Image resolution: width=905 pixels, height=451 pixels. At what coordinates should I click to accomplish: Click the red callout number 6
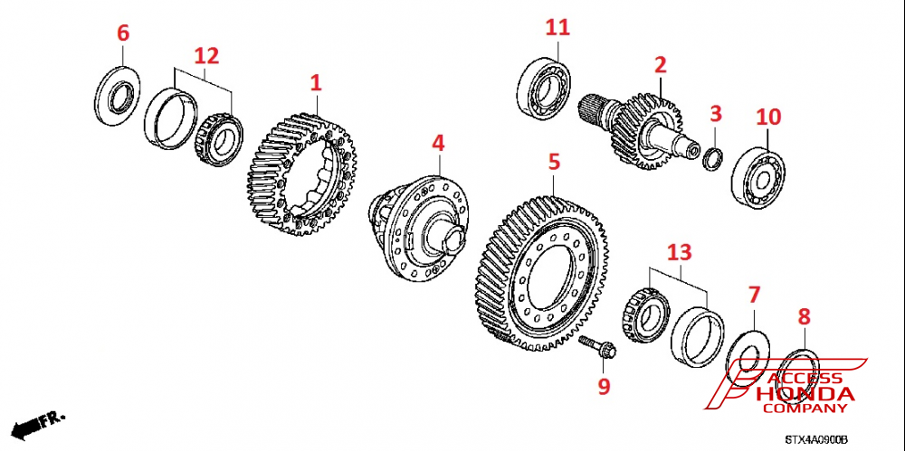(x=123, y=33)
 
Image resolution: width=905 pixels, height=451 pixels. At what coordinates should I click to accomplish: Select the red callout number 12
(x=207, y=55)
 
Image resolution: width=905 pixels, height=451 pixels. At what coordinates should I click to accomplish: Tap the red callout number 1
(x=316, y=84)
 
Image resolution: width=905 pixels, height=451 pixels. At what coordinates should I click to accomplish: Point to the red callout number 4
(x=438, y=143)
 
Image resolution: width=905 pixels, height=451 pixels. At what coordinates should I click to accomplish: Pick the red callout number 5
(x=554, y=162)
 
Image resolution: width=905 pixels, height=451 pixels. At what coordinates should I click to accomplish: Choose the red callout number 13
(x=679, y=250)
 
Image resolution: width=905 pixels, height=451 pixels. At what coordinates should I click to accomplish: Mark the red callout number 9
(x=604, y=386)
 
